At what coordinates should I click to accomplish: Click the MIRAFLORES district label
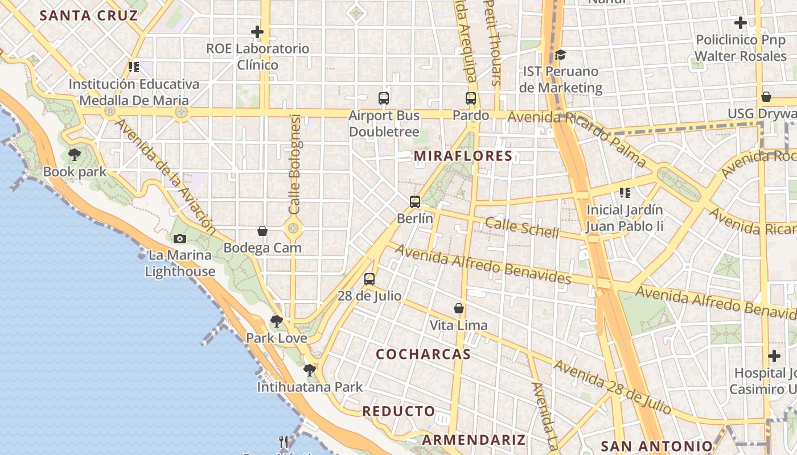[x=463, y=156]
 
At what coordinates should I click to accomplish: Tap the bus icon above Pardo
[x=471, y=98]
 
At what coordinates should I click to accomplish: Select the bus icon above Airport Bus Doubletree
[x=384, y=98]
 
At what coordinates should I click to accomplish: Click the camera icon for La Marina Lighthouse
[x=180, y=238]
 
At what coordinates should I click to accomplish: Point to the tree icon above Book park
[x=74, y=154]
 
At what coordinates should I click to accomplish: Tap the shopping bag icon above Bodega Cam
[x=262, y=231]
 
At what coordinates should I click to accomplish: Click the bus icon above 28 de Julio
[x=369, y=279]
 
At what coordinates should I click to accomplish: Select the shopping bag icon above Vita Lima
[x=459, y=309]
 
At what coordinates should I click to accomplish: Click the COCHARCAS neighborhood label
[x=423, y=354]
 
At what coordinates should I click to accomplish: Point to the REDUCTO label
[x=398, y=411]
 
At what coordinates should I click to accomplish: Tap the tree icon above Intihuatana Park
[x=310, y=370]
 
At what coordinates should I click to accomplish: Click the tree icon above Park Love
[x=277, y=321]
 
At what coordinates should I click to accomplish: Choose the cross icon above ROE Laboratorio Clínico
[x=257, y=32]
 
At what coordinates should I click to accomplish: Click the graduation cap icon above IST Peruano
[x=561, y=55]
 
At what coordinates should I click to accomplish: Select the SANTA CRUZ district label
[x=89, y=15]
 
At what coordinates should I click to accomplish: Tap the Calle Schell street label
[x=522, y=227]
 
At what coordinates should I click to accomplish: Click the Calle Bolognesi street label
[x=295, y=164]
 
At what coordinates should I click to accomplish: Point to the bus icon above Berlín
[x=415, y=201]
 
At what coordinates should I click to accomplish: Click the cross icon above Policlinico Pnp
[x=741, y=23]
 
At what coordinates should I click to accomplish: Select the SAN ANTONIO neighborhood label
[x=656, y=446]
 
